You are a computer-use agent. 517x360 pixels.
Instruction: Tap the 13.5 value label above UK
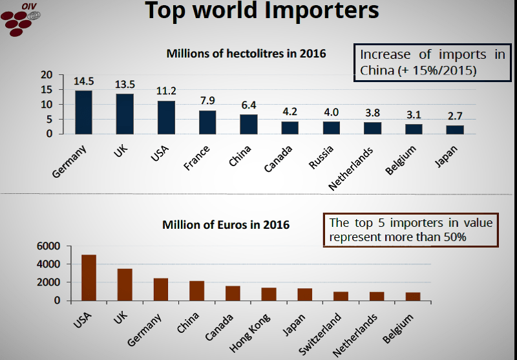(x=125, y=85)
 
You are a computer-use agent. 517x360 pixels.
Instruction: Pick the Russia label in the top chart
(x=321, y=157)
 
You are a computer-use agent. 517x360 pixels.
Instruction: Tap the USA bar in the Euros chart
(x=89, y=277)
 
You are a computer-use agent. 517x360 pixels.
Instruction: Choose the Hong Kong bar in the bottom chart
(x=269, y=294)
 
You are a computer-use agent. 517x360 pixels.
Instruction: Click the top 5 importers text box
(x=411, y=230)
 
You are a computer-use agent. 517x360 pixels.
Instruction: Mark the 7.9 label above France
(x=207, y=101)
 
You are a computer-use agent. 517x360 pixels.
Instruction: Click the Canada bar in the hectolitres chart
(x=290, y=127)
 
